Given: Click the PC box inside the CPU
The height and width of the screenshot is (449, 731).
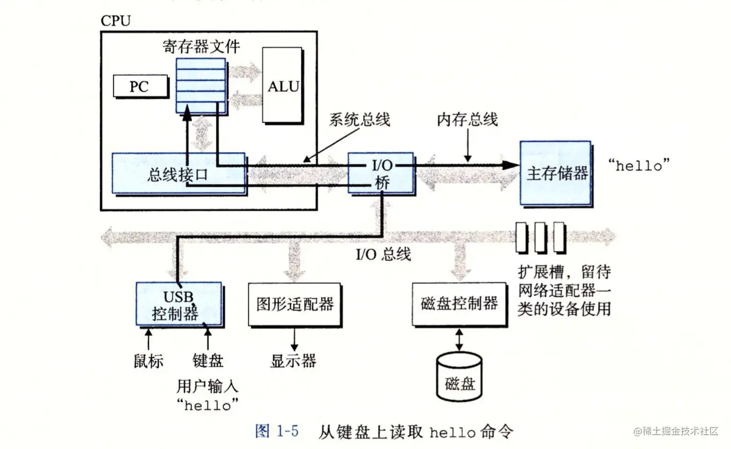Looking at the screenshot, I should tap(139, 86).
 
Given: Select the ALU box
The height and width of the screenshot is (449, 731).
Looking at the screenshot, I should tap(283, 86).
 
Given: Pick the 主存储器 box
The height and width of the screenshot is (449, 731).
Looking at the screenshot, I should tap(555, 173).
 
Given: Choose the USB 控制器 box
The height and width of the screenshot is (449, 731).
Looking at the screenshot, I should tap(178, 304).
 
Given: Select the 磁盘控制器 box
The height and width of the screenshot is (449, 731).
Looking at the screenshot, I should tap(459, 304).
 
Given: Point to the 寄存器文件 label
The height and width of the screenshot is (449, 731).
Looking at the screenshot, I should tap(201, 46).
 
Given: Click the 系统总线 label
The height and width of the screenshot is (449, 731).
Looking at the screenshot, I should tap(360, 119).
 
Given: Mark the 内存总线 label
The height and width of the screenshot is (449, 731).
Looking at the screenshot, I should tap(467, 119).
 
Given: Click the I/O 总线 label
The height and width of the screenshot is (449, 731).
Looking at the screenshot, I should tap(383, 254).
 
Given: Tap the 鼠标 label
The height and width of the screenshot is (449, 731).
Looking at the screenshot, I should tap(148, 361).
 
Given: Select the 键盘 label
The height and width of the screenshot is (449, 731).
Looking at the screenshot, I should tap(208, 361).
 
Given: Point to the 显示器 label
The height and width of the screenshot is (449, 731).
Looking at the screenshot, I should tap(293, 361).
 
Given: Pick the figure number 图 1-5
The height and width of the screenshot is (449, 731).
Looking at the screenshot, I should tap(277, 431).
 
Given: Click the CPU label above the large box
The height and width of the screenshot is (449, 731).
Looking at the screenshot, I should tap(115, 21).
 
